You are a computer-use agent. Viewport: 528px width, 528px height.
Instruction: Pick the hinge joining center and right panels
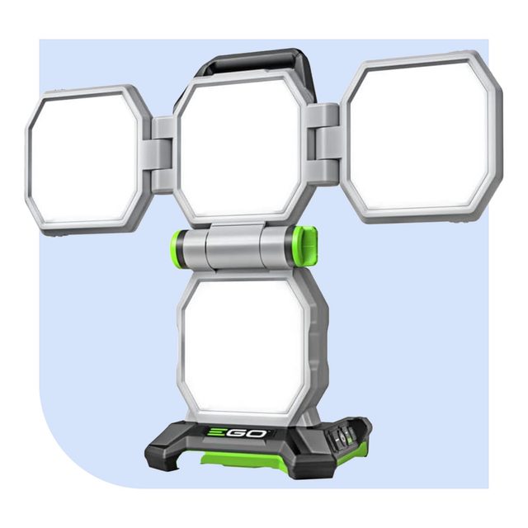(326, 144)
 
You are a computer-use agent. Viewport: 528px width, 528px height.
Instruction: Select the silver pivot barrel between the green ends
(235, 247)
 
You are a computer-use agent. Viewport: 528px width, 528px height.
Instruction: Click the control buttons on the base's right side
(347, 433)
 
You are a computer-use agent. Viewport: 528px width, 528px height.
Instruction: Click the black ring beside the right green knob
(290, 245)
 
